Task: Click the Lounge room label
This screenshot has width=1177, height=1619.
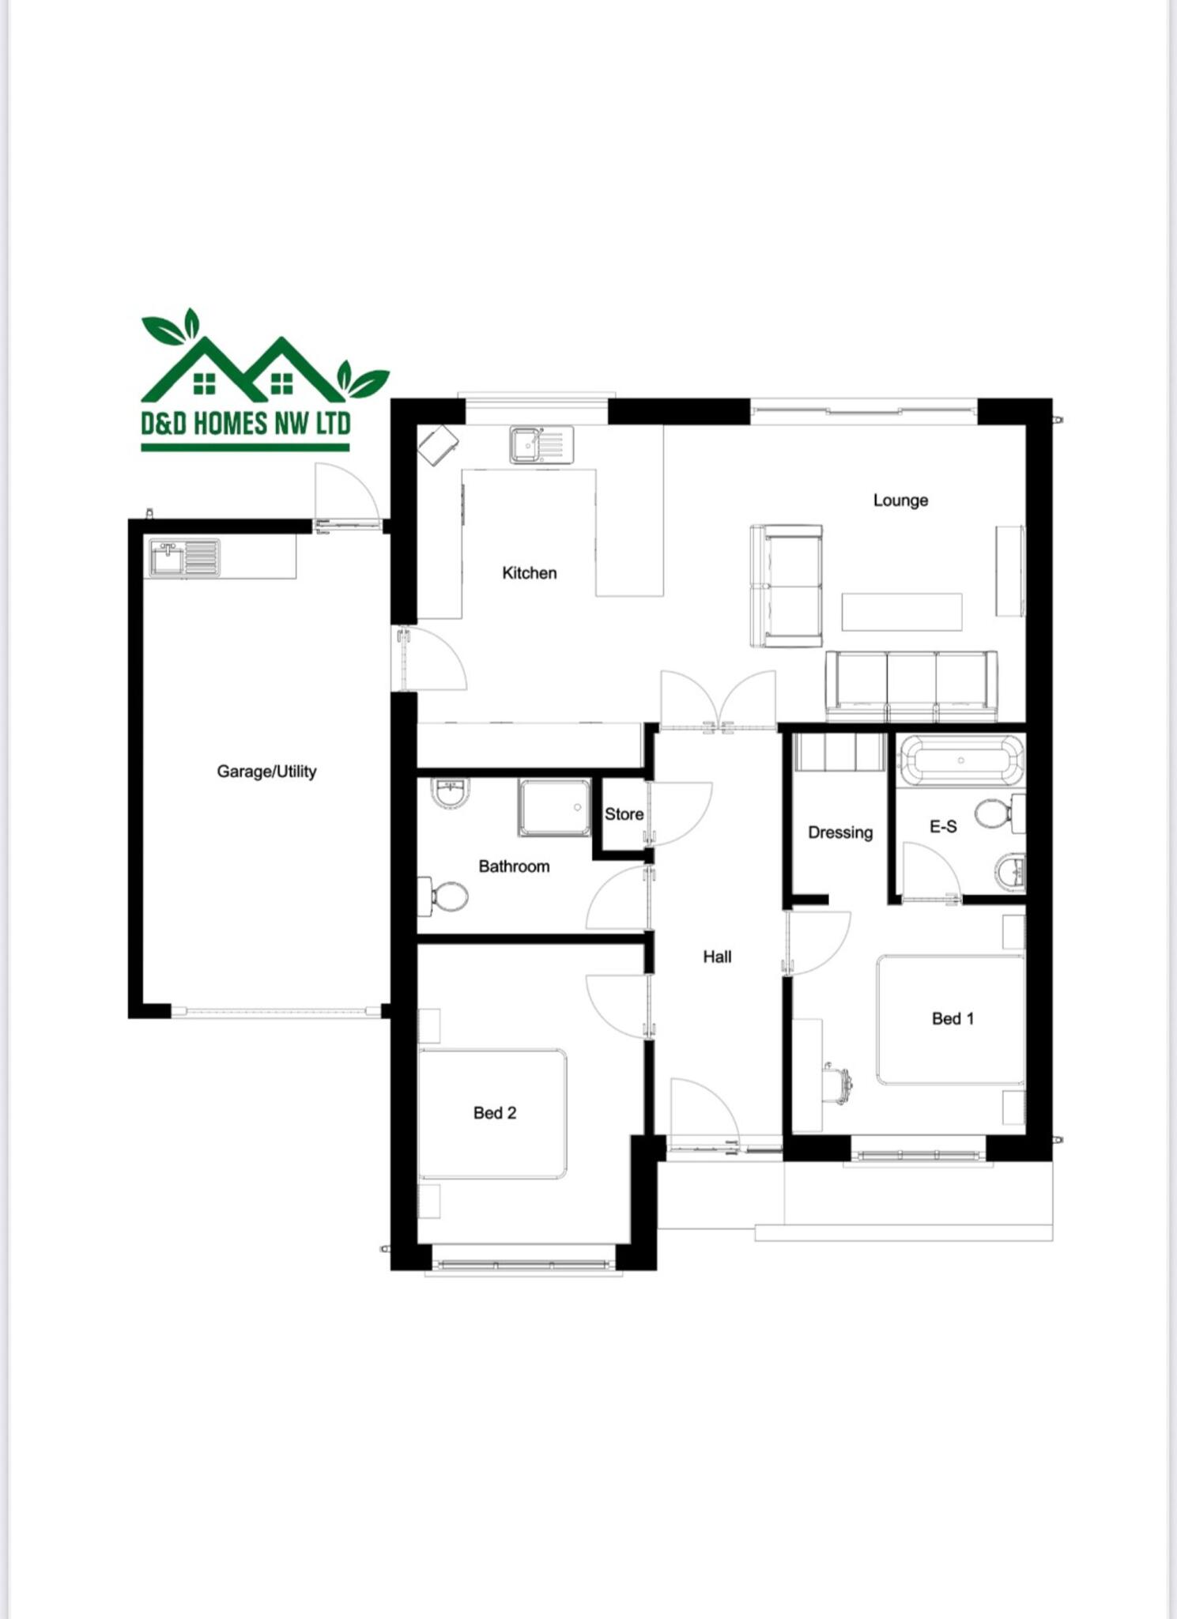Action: click(x=900, y=500)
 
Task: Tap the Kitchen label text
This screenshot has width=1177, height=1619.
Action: click(x=529, y=573)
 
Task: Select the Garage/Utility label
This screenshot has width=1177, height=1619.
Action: click(x=266, y=772)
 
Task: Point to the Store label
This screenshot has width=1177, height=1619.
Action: click(x=624, y=814)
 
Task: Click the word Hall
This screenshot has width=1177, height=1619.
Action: click(x=717, y=957)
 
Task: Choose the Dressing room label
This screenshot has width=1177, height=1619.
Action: click(x=840, y=832)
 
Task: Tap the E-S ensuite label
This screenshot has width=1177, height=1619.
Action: click(x=943, y=827)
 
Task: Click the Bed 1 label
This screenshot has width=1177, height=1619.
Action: click(x=953, y=1019)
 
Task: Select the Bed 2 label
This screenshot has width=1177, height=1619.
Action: click(x=495, y=1113)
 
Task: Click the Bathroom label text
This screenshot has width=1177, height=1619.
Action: click(x=514, y=866)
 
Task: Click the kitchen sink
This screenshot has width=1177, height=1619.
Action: click(x=541, y=444)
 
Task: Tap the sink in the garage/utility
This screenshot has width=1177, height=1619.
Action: click(x=184, y=557)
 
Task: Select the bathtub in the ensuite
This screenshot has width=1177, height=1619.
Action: click(x=960, y=760)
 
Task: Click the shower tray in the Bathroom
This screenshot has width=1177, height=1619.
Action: click(x=554, y=808)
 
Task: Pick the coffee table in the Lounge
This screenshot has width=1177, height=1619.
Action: click(x=901, y=612)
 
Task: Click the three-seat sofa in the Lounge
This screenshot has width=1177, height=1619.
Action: click(x=911, y=685)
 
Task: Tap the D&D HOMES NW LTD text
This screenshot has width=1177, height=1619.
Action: click(x=246, y=424)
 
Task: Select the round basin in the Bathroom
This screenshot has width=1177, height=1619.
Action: click(x=451, y=793)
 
